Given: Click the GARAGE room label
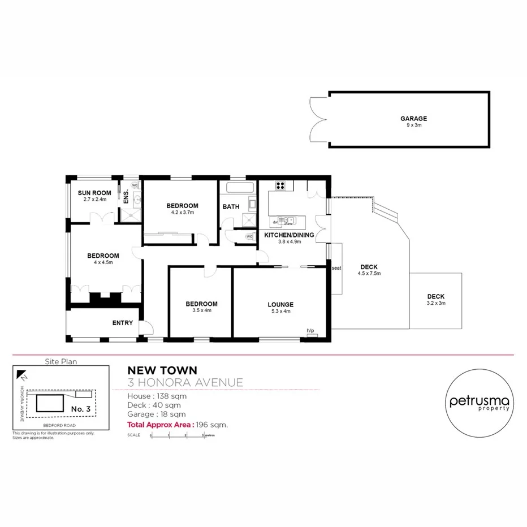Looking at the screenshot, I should pyautogui.click(x=413, y=119).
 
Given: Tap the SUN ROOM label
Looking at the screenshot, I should pyautogui.click(x=94, y=193).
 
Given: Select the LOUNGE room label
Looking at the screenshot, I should pyautogui.click(x=280, y=305).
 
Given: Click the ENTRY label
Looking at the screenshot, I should pyautogui.click(x=123, y=323).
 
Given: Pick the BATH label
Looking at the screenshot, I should pyautogui.click(x=231, y=206).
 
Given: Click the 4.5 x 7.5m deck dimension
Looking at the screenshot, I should pyautogui.click(x=369, y=274).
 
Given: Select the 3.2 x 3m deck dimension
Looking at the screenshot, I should pyautogui.click(x=436, y=303).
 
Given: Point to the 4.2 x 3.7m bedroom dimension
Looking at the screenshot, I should pyautogui.click(x=183, y=213).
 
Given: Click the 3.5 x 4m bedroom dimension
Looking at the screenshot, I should pyautogui.click(x=201, y=310).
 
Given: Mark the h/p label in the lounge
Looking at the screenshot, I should pyautogui.click(x=310, y=331).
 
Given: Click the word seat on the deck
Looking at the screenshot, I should pyautogui.click(x=336, y=268).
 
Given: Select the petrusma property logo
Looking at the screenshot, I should pyautogui.click(x=480, y=403).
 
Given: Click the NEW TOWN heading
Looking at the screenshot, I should pyautogui.click(x=162, y=370).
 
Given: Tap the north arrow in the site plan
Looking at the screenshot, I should pyautogui.click(x=21, y=374).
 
